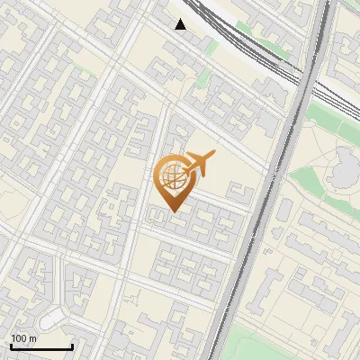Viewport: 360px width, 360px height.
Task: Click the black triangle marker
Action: coord(181,24)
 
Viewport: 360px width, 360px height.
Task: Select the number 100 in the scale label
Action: coord(19,338)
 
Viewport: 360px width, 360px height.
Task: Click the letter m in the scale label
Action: coord(32,338)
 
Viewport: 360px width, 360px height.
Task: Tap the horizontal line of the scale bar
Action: coord(41,346)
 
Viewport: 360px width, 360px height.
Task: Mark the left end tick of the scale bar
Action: coord(11,345)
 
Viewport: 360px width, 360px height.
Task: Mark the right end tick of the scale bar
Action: coord(72,345)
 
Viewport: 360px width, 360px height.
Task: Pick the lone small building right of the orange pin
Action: coord(238,190)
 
